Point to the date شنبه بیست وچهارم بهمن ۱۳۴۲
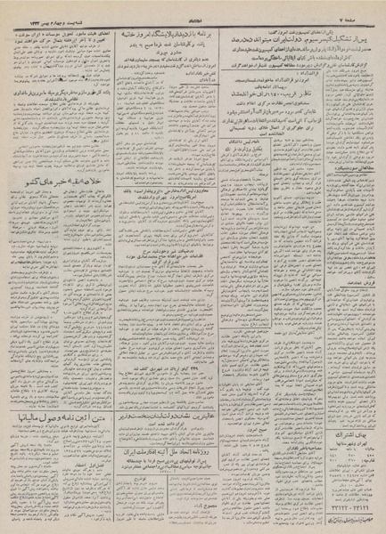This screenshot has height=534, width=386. tap(44, 8)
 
